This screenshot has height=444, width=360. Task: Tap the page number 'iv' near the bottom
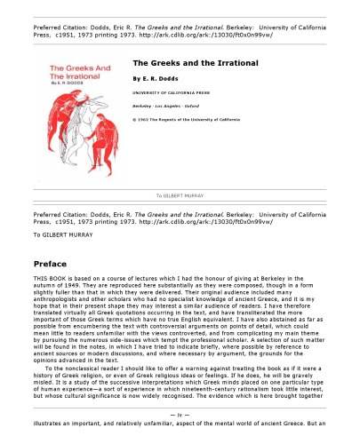[x=180, y=416]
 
